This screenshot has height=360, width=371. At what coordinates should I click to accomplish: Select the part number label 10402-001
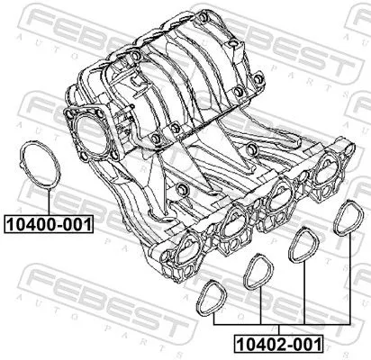coord(277,342)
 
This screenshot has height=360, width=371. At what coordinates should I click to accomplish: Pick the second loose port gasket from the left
coord(258,271)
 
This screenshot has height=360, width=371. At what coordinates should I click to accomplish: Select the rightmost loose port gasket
coord(345,220)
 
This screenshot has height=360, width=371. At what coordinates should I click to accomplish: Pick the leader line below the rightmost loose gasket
coord(347,279)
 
